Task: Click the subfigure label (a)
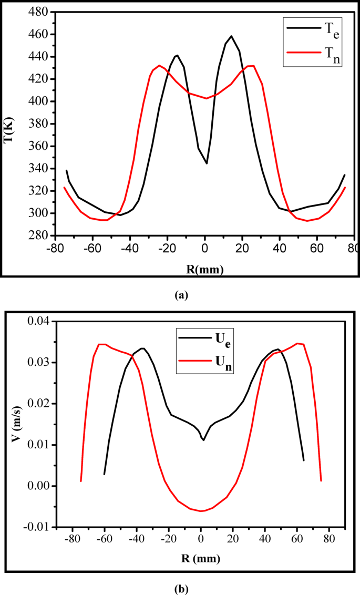point(180,295)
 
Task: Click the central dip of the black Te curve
point(207,163)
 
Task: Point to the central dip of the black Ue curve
point(203,440)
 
